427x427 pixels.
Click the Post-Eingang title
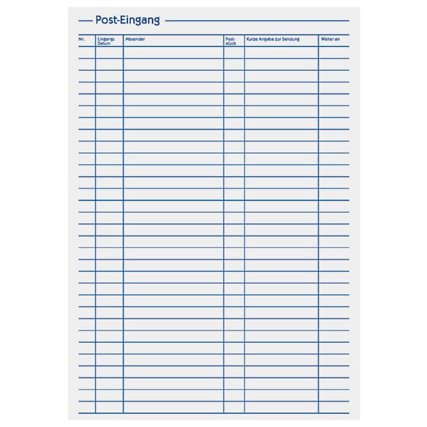pos(127,20)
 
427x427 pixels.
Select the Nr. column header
pos(81,39)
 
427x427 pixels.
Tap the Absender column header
pos(135,39)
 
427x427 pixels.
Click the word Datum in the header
pos(104,43)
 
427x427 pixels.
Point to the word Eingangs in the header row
pos(106,39)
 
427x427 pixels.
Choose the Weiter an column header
pos(330,39)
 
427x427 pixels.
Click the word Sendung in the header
pos(291,39)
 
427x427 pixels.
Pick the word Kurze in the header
pos(252,39)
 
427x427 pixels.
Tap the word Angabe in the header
pos(267,39)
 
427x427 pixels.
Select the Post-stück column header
pos(230,40)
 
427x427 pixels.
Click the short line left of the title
pos(85,21)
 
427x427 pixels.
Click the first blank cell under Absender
pos(173,52)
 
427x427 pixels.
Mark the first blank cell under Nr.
pos(87,52)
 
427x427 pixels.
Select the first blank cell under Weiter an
pos(334,52)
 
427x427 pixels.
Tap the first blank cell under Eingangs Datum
pos(109,52)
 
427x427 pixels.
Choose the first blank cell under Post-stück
pos(234,52)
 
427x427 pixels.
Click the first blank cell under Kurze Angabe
pos(281,52)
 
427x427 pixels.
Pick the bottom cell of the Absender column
pos(173,407)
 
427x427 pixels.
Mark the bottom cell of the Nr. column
pos(87,407)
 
